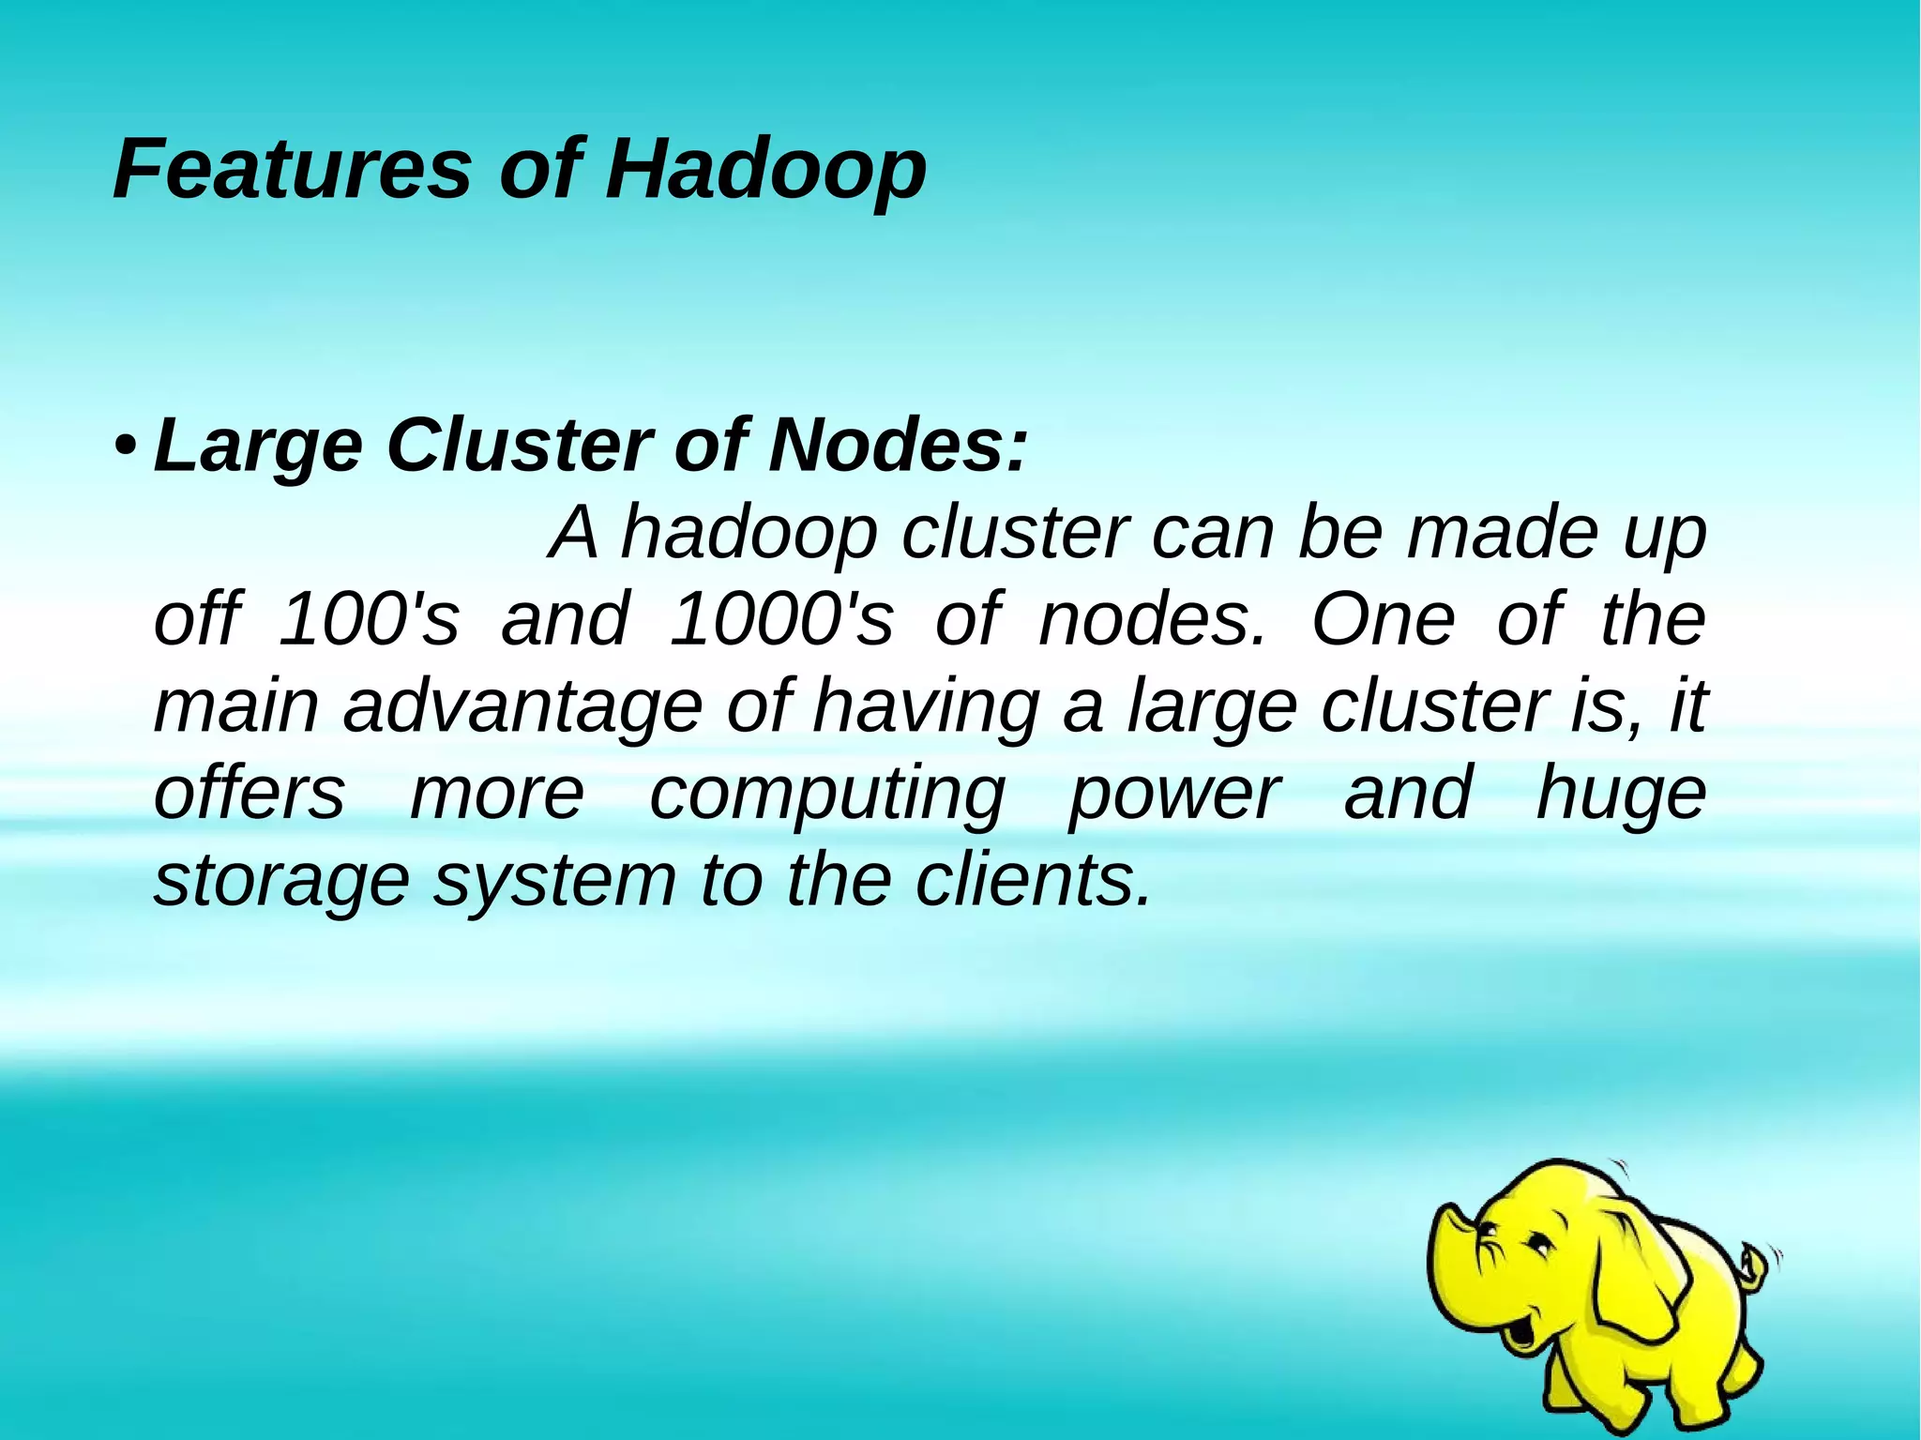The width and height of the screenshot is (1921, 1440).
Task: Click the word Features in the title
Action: (292, 169)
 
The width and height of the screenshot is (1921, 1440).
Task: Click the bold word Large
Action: (258, 447)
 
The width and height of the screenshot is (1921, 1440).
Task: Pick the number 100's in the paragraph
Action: (370, 618)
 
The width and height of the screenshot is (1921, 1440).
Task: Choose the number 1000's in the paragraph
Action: (781, 618)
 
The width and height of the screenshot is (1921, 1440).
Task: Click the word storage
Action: (281, 883)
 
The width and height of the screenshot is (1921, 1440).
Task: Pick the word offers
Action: (250, 793)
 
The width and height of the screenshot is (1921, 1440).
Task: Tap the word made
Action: (1501, 533)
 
